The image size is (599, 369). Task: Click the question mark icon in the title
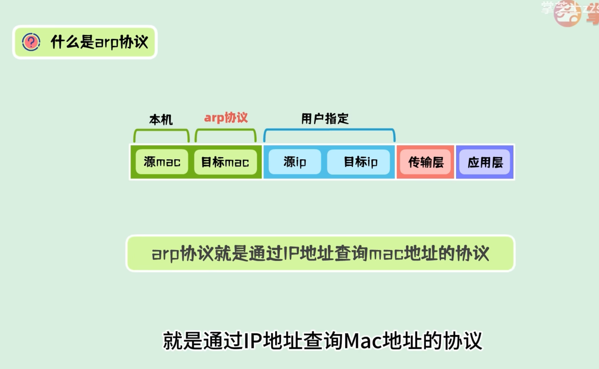[31, 42]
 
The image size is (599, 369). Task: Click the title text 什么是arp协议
[99, 42]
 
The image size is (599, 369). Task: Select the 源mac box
[162, 162]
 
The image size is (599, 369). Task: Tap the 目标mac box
[225, 162]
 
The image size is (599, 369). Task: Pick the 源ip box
[295, 162]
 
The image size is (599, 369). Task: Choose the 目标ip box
[361, 162]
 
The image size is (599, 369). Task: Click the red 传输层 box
[426, 162]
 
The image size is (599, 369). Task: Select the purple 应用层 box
[485, 162]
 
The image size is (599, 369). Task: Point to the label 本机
[161, 120]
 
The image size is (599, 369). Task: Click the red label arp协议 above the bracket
[226, 118]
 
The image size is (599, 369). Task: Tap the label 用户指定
[325, 119]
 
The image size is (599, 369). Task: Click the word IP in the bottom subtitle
[253, 341]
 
